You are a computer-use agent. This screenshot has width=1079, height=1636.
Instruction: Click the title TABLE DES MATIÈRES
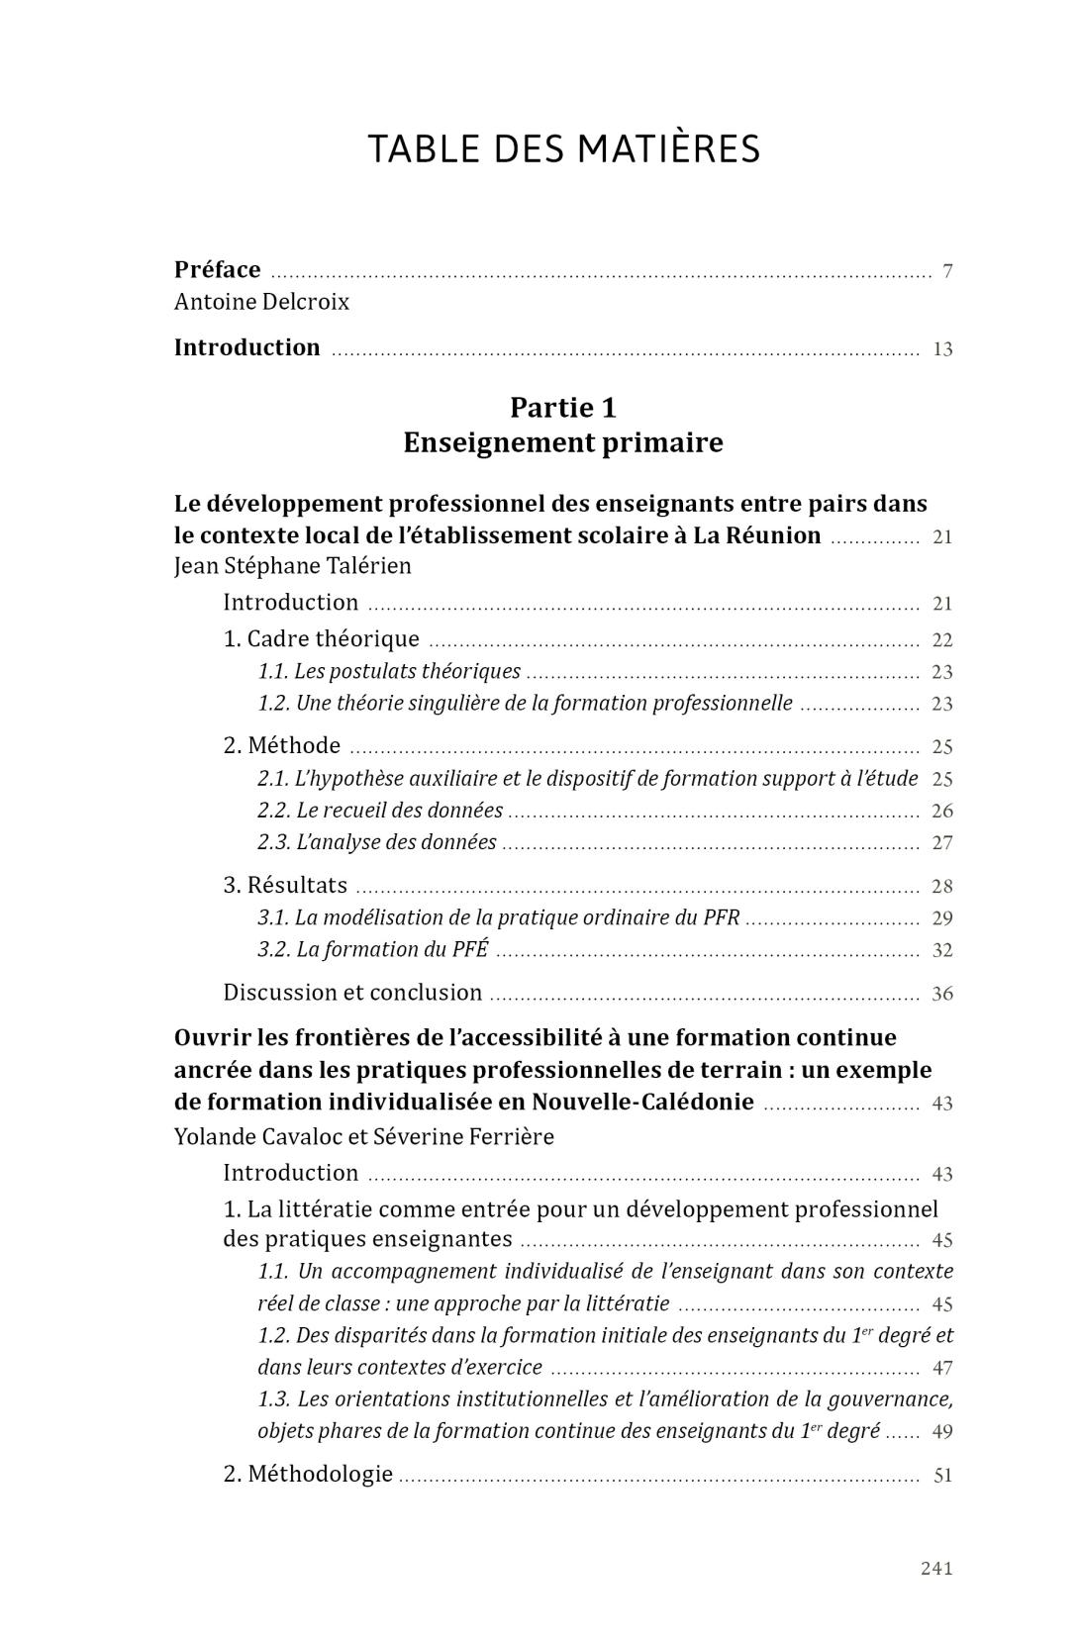point(564,148)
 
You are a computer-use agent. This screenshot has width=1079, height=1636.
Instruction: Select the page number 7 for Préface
point(947,271)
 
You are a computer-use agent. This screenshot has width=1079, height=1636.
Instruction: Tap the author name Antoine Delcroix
point(261,302)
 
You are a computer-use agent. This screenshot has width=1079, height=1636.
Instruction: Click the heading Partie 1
point(562,408)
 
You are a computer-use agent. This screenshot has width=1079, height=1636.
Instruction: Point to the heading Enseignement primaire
point(562,442)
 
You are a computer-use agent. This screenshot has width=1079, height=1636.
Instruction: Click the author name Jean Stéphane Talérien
point(292,566)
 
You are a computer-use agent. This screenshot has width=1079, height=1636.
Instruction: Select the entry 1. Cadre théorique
point(322,639)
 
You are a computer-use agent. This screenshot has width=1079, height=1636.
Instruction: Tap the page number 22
point(941,640)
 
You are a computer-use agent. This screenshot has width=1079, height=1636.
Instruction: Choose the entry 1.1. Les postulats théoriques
point(389,672)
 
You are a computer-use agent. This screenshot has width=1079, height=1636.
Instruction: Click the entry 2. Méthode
point(282,746)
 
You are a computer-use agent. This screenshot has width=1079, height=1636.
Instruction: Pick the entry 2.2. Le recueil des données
point(380,811)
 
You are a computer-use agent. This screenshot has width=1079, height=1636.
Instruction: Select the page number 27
point(941,843)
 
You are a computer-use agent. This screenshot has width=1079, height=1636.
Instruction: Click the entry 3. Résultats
point(285,886)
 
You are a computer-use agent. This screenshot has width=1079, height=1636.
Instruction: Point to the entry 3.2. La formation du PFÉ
point(373,950)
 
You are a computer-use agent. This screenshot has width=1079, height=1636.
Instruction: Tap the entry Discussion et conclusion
point(352,993)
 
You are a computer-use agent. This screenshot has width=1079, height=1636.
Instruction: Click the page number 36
point(941,994)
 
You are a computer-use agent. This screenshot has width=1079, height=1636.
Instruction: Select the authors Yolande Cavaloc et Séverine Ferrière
point(363,1136)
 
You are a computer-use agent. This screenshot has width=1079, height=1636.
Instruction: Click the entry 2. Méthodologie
point(308,1475)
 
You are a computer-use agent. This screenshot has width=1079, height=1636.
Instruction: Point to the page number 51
point(942,1476)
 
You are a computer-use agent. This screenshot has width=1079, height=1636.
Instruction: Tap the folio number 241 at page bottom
point(935,1568)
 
